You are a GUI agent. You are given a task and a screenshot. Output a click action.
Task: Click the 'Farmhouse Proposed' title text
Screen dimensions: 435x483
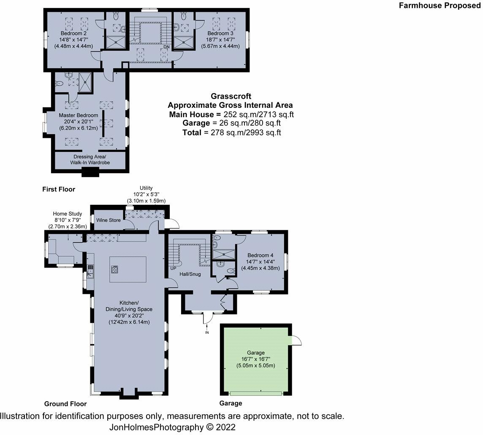pos(440,5)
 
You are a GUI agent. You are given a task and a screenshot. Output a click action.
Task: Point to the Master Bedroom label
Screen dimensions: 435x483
pos(79,115)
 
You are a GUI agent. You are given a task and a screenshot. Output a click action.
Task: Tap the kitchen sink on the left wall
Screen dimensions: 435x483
pos(90,274)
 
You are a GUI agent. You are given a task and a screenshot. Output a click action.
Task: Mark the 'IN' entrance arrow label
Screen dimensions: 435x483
pos(207,333)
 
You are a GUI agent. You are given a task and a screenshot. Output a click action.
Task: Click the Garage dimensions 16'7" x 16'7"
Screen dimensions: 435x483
pos(255,359)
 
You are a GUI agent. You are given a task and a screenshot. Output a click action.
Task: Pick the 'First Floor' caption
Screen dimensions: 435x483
pos(59,189)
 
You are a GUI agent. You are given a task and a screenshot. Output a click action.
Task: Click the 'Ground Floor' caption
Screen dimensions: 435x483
pos(65,403)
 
